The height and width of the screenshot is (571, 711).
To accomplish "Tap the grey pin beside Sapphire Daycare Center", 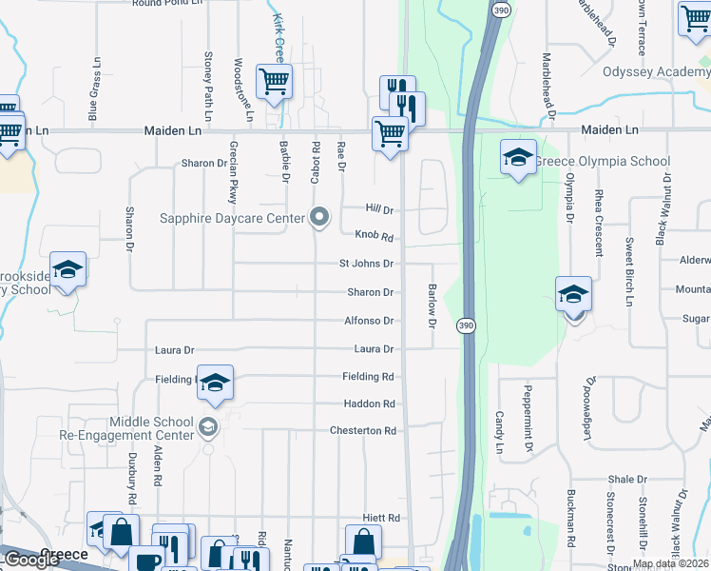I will [320, 217].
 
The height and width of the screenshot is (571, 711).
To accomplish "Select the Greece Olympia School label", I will [603, 161].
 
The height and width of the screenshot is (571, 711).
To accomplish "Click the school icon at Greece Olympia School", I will [518, 158].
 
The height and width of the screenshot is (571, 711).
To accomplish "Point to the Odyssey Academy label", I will [656, 71].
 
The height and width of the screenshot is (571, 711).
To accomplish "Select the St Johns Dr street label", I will [366, 264].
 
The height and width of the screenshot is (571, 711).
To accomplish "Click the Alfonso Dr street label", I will [369, 322].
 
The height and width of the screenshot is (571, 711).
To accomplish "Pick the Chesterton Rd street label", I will [362, 431].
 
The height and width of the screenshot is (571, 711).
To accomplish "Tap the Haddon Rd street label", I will [369, 404].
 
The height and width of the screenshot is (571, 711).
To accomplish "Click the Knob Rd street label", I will [374, 236].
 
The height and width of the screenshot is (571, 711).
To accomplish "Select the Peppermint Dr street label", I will [528, 410].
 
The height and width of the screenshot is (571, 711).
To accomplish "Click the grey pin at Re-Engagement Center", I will [209, 429].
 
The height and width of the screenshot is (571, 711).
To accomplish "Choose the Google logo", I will [31, 560].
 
